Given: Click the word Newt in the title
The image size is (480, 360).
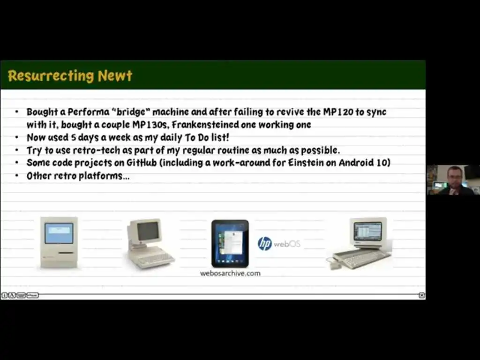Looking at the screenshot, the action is pyautogui.click(x=115, y=75).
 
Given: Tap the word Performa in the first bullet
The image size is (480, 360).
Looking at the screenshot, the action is pyautogui.click(x=88, y=112).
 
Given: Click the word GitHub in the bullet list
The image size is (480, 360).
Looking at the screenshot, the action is pyautogui.click(x=142, y=163).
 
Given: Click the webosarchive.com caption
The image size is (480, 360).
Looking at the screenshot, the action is pyautogui.click(x=230, y=273).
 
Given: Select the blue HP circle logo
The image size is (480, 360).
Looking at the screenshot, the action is pyautogui.click(x=264, y=244).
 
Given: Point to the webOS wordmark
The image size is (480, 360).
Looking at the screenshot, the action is pyautogui.click(x=287, y=244).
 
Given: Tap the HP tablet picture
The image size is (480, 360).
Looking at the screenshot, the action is pyautogui.click(x=230, y=244).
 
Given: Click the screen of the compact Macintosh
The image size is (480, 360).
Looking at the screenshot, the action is pyautogui.click(x=59, y=233).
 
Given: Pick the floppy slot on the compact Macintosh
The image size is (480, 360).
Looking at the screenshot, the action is pyautogui.click(x=66, y=253).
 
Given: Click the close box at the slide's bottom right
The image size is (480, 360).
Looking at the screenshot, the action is pyautogui.click(x=421, y=295).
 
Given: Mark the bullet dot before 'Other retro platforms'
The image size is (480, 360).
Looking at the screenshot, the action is pyautogui.click(x=17, y=175).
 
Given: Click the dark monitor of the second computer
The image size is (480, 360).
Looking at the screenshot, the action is pyautogui.click(x=148, y=232).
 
